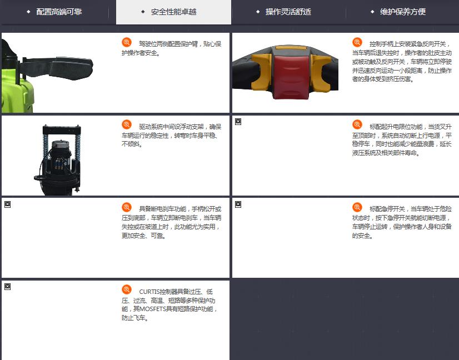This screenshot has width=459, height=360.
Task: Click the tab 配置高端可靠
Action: [x=59, y=12]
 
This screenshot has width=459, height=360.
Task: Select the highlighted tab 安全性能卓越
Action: [x=173, y=12]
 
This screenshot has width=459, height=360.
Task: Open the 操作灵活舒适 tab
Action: [x=288, y=12]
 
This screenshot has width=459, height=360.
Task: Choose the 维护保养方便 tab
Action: [x=403, y=12]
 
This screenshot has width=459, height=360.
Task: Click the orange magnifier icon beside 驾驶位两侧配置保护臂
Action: [x=127, y=42]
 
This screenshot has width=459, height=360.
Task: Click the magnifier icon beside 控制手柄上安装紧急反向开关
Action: [x=357, y=42]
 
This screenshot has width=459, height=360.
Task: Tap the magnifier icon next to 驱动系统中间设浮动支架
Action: [x=127, y=124]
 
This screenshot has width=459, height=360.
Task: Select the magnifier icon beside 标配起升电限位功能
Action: [x=357, y=124]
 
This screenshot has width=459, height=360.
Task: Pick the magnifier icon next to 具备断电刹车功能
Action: [x=127, y=207]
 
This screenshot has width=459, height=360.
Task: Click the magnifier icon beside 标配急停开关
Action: [x=357, y=207]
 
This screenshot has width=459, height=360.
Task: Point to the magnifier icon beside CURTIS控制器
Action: [x=127, y=290]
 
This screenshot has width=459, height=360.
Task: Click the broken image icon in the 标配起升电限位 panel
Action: [x=238, y=122]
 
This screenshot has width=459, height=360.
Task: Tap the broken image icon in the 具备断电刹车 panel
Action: [x=8, y=204]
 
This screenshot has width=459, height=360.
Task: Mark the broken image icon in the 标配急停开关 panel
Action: [x=238, y=204]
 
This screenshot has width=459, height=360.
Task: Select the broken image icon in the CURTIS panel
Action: [x=8, y=287]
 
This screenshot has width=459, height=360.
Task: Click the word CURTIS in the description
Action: [x=149, y=292]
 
